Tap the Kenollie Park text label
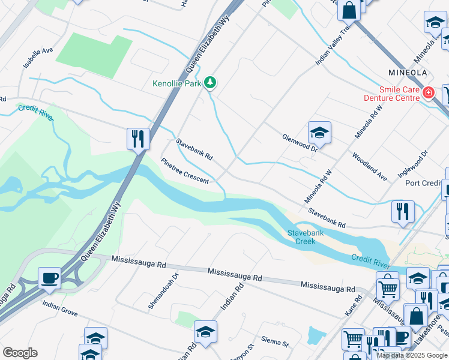[x=176, y=84]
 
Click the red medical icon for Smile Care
[x=429, y=92]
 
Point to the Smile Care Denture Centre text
[x=391, y=93]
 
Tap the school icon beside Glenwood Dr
[x=319, y=133]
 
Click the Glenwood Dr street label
[x=299, y=142]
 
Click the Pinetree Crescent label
[x=185, y=172]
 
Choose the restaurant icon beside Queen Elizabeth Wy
[x=138, y=139]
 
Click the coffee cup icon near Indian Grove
[x=49, y=278]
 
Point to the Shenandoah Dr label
[x=164, y=292]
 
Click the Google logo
[x=20, y=353]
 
